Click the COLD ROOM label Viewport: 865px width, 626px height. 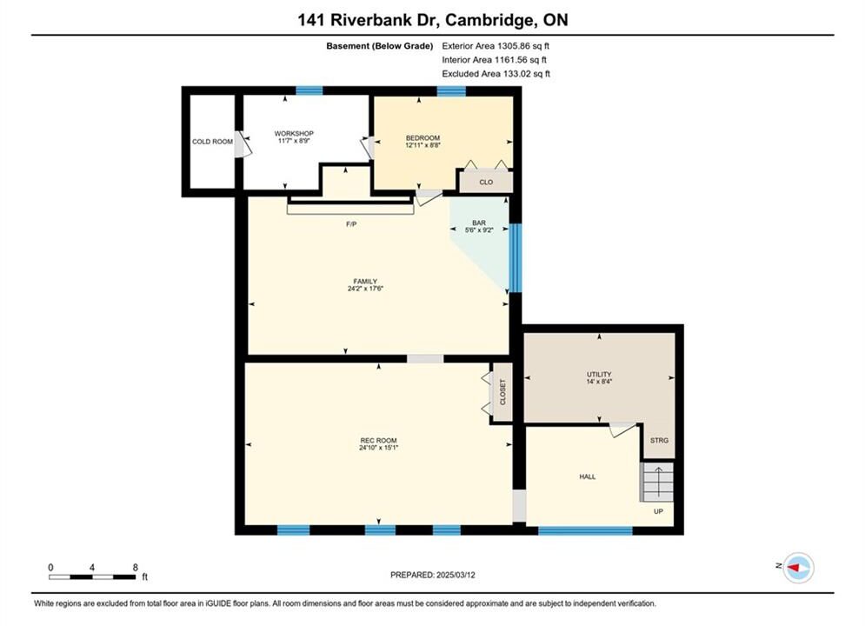coord(212,142)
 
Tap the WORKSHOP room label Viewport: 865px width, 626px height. coord(294,134)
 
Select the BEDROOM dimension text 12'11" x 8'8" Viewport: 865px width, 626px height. coord(423,145)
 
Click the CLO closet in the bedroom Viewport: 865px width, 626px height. coord(486,182)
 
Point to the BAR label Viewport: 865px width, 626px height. coord(479,223)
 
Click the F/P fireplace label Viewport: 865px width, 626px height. coord(351,224)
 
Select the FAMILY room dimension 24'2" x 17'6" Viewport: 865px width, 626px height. coord(365,289)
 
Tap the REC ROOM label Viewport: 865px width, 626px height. coord(378,440)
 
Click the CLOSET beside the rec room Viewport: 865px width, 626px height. coord(502,392)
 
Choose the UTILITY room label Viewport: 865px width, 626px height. coord(599,374)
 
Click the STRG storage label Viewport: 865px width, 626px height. coord(659,440)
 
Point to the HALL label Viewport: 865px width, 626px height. coord(588,476)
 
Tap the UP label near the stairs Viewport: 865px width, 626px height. coord(658,511)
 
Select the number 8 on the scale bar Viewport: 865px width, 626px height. coord(135,567)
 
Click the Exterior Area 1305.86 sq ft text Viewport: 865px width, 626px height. coord(496,46)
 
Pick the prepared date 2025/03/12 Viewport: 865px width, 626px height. coord(456,575)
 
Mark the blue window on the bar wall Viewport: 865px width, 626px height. coord(515,257)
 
